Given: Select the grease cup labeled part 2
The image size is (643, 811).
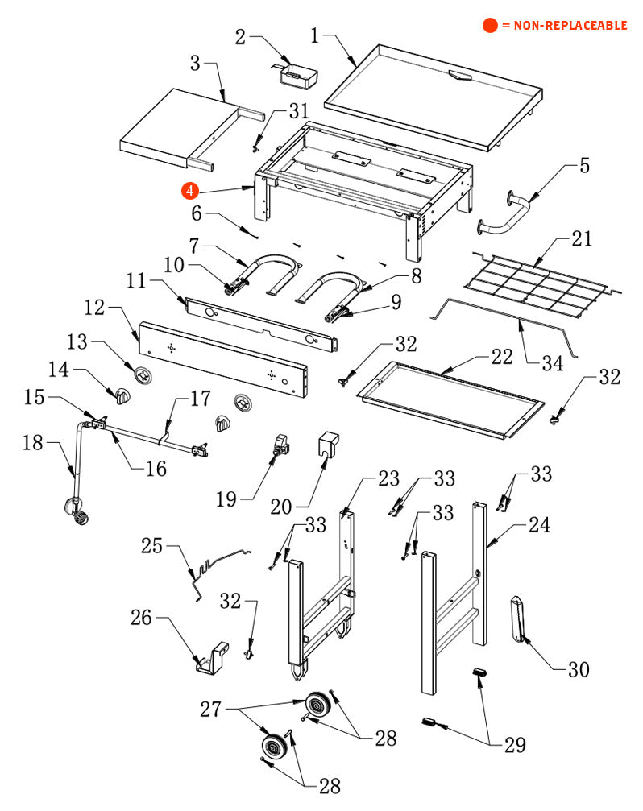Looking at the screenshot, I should (299, 77).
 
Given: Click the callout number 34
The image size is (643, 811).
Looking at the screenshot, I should (551, 363).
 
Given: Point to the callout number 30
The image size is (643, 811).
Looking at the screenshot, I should (578, 669).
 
